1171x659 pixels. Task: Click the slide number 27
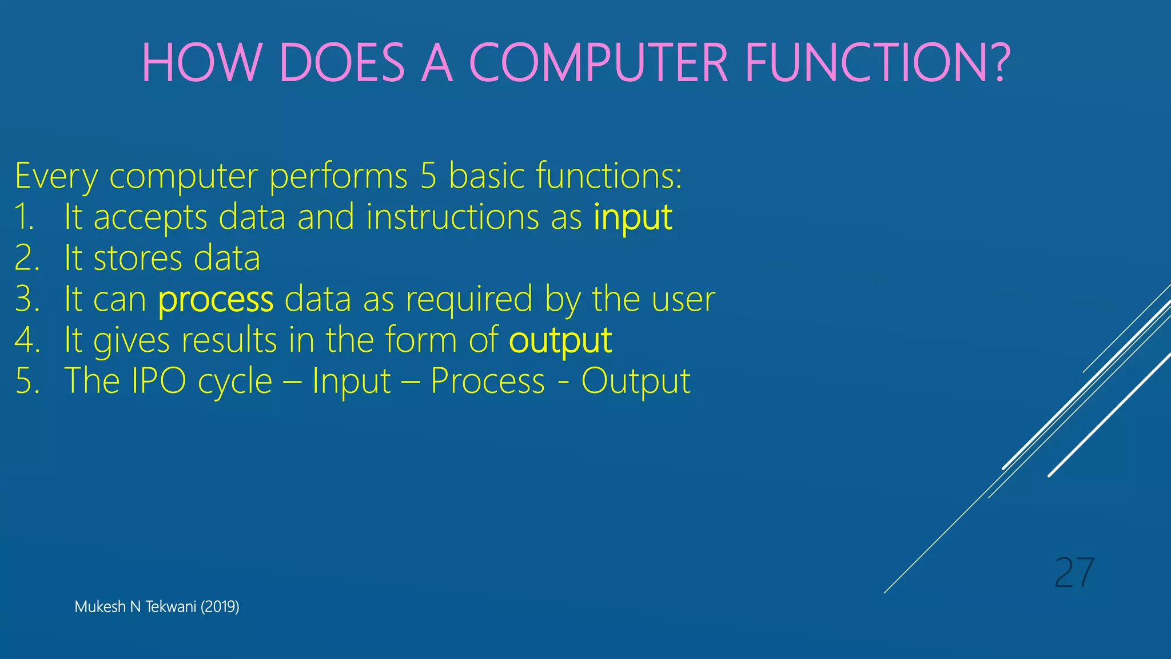coord(1074,573)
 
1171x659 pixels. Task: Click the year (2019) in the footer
coord(220,607)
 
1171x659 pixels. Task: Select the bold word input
coord(632,218)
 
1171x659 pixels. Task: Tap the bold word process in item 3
coord(216,300)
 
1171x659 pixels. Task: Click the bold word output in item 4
coord(560,341)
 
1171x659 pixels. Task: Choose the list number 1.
coord(24,218)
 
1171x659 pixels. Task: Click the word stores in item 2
coord(138,259)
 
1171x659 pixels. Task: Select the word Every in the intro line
coord(56,176)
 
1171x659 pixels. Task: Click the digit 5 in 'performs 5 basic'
coord(428,176)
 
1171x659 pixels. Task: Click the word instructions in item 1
coord(452,218)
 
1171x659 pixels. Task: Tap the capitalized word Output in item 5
coord(636,382)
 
